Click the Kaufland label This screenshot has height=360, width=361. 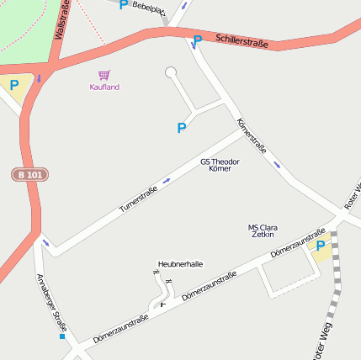tap(104, 87)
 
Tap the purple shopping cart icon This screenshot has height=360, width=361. tap(104, 76)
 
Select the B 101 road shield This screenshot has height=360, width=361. tap(29, 174)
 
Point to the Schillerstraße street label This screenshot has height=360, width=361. tap(242, 40)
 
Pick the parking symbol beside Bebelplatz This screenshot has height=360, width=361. tap(123, 5)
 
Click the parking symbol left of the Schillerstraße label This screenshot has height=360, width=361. tap(198, 40)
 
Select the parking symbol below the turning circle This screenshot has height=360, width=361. tap(181, 128)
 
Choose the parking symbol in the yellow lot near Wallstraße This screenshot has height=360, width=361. tap(13, 84)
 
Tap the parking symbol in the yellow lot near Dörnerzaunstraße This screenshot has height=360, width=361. tap(320, 246)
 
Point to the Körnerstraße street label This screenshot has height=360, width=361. tap(252, 135)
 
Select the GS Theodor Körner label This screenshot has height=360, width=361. tap(220, 165)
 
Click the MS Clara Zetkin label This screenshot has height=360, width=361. tap(263, 230)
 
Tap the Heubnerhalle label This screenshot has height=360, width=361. tap(180, 263)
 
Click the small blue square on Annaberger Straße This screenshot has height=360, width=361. tap(61, 336)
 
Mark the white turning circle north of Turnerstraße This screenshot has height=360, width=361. tap(171, 72)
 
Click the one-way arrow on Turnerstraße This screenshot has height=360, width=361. tap(166, 180)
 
